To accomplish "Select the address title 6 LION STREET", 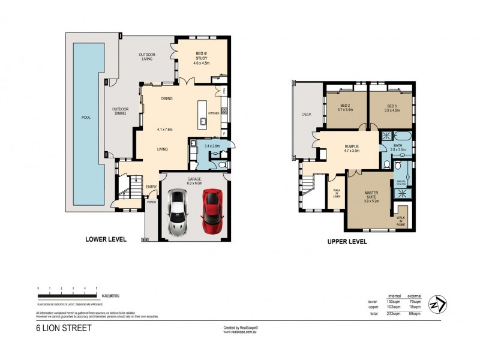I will coord(63,329).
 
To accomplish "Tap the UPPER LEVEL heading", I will coord(347,242).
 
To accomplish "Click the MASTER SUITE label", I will coord(374,197).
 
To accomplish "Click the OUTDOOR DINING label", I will coord(121,112).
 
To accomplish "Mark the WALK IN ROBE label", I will coord(400,221).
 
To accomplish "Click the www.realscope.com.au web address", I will coord(240,332).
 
